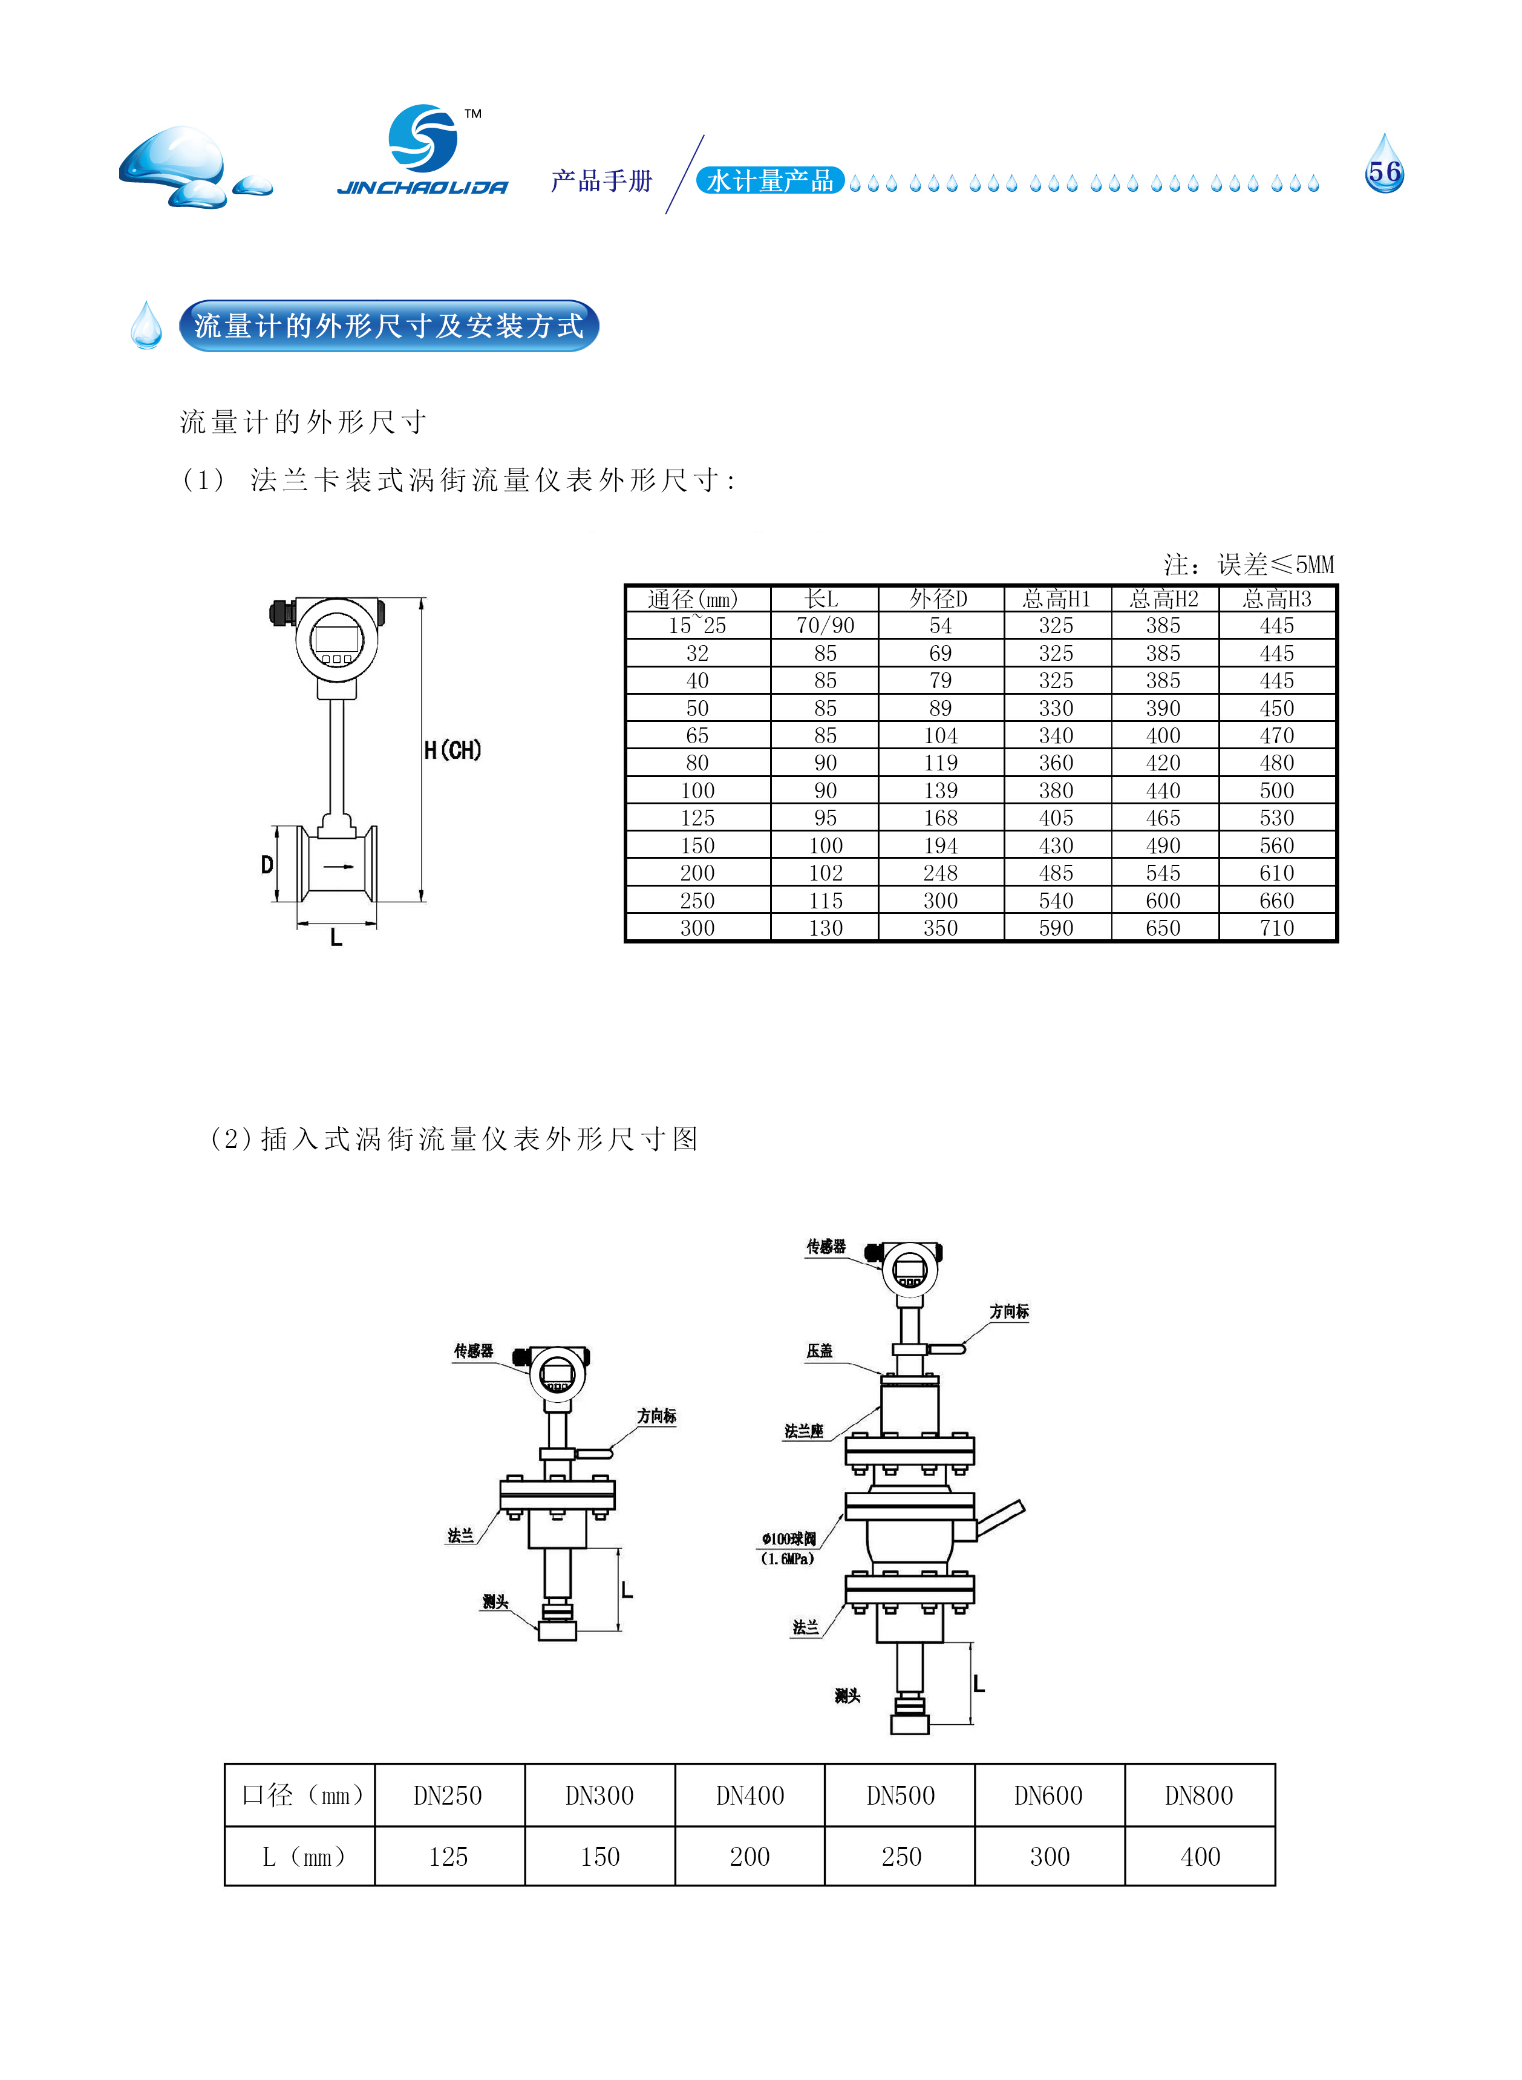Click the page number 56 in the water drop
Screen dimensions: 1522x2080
(x=1384, y=172)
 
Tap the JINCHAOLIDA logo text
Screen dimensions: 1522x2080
(x=423, y=188)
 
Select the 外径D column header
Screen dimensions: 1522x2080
(x=939, y=599)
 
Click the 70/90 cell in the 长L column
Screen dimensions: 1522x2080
(x=826, y=626)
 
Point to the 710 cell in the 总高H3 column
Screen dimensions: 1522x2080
(x=1277, y=928)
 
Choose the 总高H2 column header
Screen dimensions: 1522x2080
(x=1164, y=599)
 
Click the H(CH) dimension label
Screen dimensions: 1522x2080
(x=452, y=750)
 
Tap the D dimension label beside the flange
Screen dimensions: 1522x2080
(x=267, y=864)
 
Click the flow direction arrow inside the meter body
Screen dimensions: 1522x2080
(x=338, y=866)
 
